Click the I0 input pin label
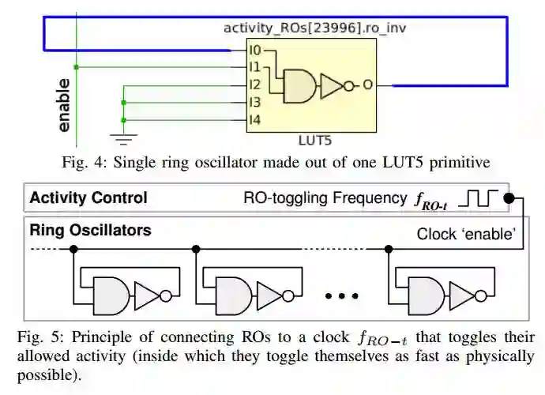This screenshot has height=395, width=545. (254, 51)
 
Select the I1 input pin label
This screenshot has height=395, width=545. (254, 68)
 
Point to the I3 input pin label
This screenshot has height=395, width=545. (254, 103)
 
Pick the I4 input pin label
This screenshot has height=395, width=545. (254, 120)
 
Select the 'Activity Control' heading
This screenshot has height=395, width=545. (88, 197)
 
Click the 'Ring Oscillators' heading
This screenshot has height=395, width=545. (90, 231)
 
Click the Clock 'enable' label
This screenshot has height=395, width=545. (466, 234)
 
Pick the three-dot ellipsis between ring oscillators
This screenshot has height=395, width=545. (342, 296)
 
